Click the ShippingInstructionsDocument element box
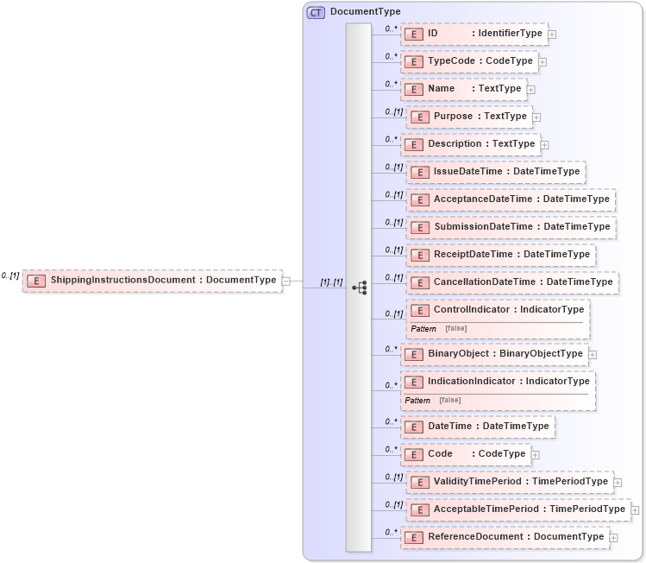pos(153,280)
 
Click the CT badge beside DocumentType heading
pos(317,12)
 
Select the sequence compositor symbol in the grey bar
pos(359,287)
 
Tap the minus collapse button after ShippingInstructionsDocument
pos(286,280)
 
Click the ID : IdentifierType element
pos(474,34)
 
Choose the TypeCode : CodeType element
pos(469,61)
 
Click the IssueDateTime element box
pos(496,172)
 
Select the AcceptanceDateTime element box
pos(511,199)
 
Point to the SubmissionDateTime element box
pos(511,227)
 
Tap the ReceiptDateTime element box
pos(501,255)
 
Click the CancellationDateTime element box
pos(512,282)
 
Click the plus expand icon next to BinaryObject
pos(593,354)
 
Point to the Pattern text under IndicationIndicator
pos(417,400)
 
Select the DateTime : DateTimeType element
pos(478,426)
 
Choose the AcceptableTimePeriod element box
pos(518,509)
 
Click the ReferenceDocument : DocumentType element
pos(505,537)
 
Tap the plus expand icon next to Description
pos(545,144)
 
